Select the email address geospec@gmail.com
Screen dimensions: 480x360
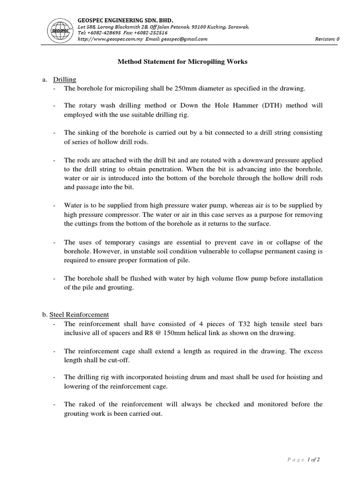coord(187,39)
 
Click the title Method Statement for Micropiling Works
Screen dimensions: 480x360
coord(180,62)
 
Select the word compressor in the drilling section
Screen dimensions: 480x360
coord(110,214)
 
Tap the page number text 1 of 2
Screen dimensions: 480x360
coord(314,459)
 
